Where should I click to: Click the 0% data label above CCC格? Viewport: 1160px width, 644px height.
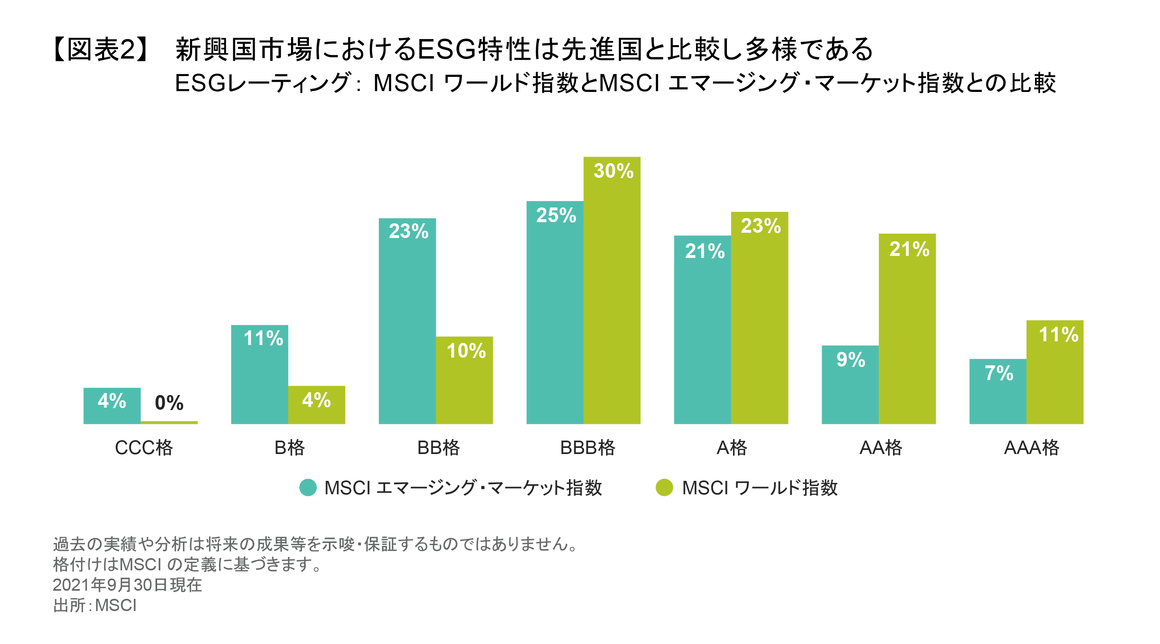[169, 403]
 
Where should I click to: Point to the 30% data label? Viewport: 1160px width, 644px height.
[613, 171]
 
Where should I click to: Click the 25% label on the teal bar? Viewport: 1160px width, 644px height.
[556, 215]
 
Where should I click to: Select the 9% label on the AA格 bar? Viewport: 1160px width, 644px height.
[850, 360]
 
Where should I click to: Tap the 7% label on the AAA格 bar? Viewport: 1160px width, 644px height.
[998, 373]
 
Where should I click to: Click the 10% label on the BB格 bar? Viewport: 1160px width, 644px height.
[466, 351]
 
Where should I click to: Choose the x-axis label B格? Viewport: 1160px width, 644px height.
[289, 448]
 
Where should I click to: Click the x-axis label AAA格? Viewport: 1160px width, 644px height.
[1031, 448]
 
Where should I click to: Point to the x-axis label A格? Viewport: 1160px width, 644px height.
[732, 448]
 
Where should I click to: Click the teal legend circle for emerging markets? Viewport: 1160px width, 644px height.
[308, 487]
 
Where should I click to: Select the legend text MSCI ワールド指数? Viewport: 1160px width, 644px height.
[759, 488]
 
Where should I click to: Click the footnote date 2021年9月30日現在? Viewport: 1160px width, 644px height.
[127, 585]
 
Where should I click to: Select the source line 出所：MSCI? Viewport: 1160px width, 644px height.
[95, 605]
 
